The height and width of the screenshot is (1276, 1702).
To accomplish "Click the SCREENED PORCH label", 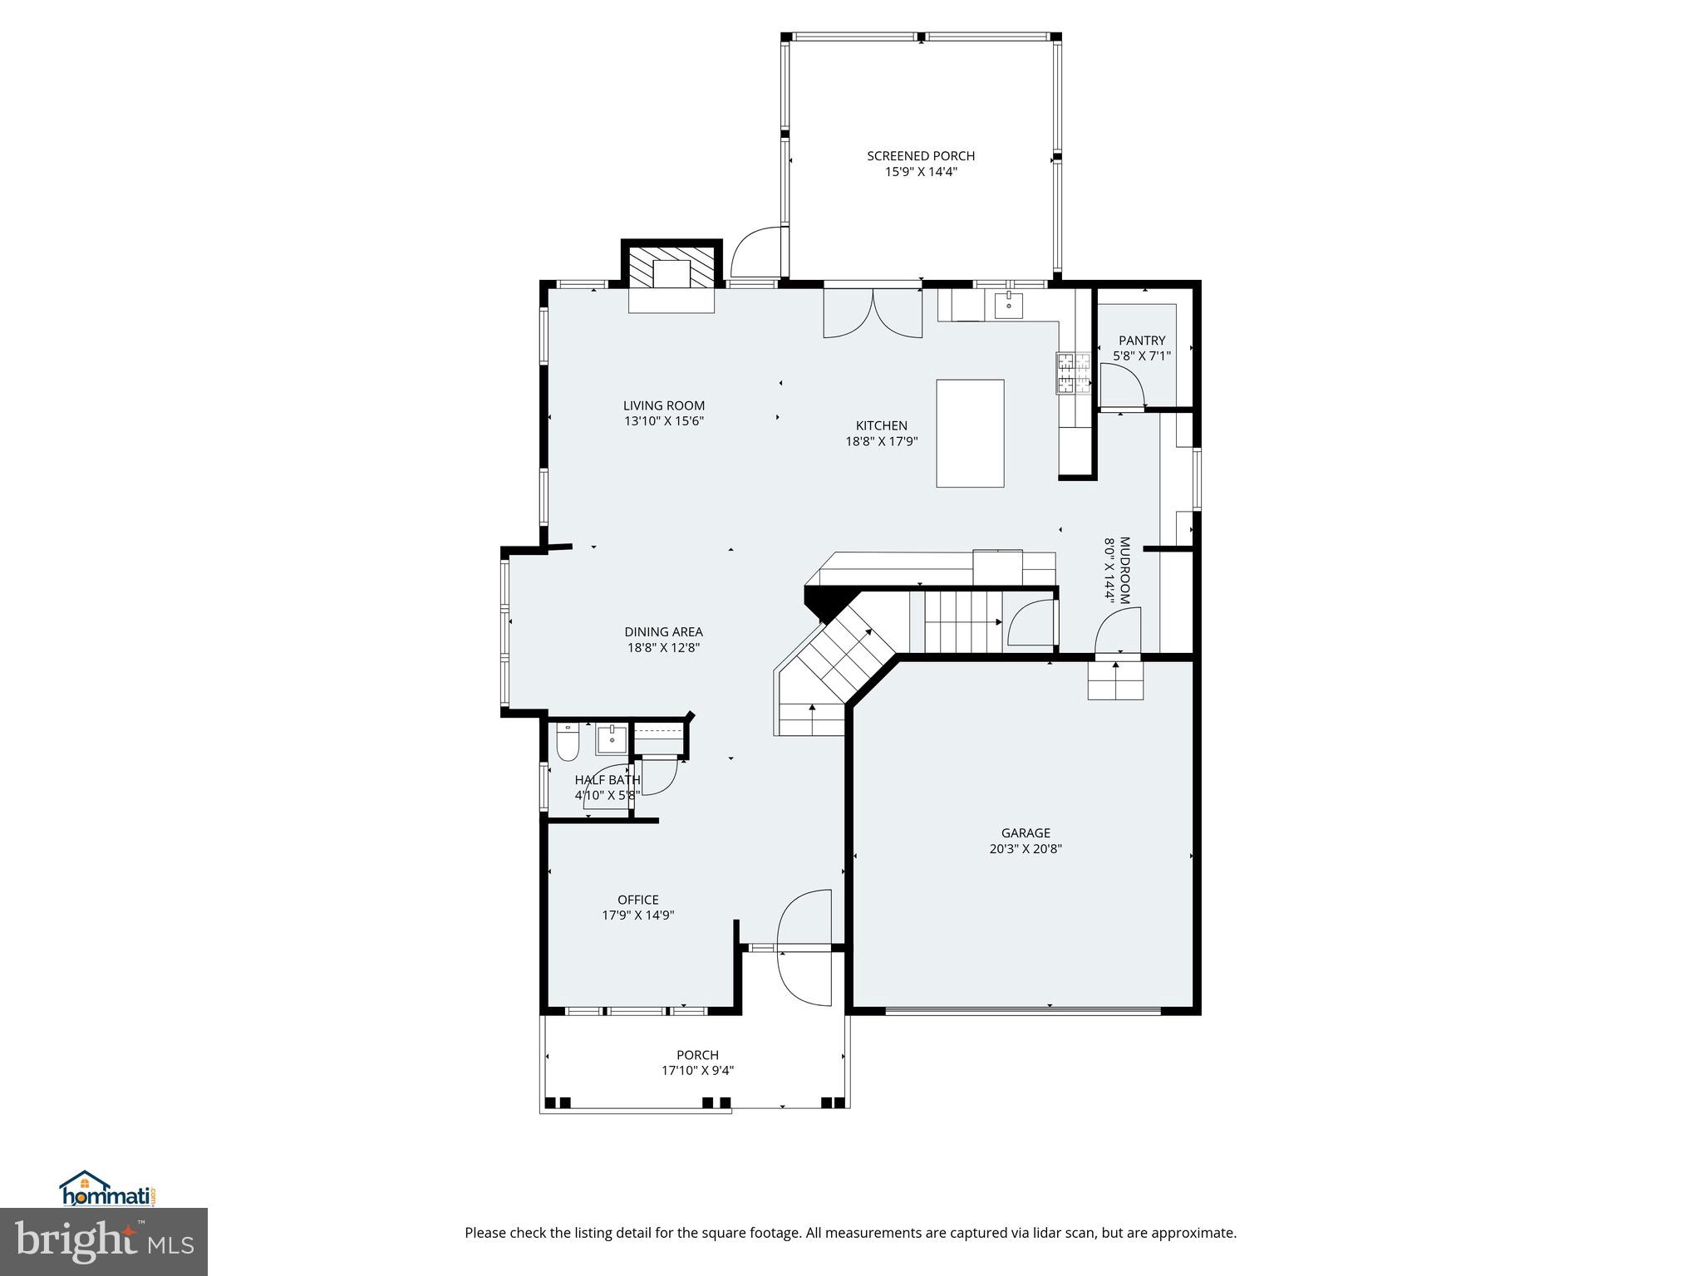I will (x=920, y=155).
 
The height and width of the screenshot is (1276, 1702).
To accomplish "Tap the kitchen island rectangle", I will (x=970, y=433).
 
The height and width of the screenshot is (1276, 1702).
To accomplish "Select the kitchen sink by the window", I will (x=1009, y=305).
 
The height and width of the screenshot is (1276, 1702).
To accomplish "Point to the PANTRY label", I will (x=1142, y=341).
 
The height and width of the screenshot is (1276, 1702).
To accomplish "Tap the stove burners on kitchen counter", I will (x=1073, y=372).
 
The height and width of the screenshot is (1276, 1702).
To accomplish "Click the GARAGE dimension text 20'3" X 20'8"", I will (x=1026, y=849).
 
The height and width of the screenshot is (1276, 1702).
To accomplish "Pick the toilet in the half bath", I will (x=568, y=743).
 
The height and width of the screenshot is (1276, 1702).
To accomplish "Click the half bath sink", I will (x=612, y=739).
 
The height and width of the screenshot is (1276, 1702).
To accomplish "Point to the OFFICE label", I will (x=637, y=900).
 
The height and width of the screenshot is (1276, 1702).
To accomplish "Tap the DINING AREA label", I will (x=663, y=632).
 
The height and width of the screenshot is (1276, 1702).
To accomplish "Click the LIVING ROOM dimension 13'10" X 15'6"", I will (x=664, y=421).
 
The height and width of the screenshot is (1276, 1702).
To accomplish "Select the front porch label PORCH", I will (x=697, y=1055).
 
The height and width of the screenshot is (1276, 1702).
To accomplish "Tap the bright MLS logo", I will (x=104, y=1240).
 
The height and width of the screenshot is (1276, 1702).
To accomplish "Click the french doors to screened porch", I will (x=873, y=314).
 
